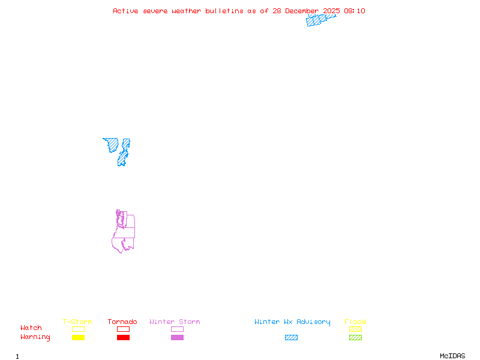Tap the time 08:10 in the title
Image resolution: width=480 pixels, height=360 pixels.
(354, 11)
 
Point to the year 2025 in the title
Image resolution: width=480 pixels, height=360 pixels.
(332, 11)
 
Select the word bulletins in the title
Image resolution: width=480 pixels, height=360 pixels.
(224, 11)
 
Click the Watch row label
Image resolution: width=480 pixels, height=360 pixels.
(31, 328)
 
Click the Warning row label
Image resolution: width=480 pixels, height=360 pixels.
(35, 337)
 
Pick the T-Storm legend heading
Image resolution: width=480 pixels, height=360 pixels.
(77, 322)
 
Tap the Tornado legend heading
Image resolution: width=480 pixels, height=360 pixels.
(122, 322)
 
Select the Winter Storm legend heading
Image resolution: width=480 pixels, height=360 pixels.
(175, 322)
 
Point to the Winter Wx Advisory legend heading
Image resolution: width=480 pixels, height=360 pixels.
(292, 322)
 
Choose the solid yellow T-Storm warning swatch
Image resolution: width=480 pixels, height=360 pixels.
(78, 338)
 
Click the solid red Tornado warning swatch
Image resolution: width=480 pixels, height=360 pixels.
(123, 338)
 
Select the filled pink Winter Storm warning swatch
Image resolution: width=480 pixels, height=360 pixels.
(177, 338)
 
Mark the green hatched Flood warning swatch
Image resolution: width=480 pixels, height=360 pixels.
(355, 338)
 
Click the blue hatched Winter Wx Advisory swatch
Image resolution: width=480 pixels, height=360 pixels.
(291, 338)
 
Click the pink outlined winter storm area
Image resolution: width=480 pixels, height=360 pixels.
(125, 230)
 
